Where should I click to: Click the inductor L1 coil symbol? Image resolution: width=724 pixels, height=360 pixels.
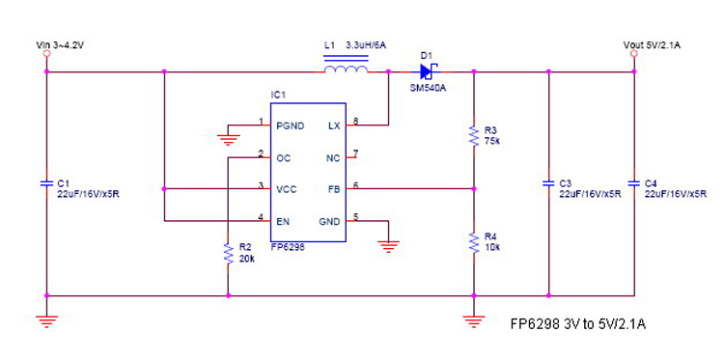point(345,69)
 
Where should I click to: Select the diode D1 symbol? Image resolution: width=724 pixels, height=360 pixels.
point(425,69)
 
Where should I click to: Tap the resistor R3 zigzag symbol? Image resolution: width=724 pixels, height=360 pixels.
point(473,136)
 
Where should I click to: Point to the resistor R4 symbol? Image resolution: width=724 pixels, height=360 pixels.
point(473,242)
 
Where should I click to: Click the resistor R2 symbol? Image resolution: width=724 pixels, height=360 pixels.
point(228,253)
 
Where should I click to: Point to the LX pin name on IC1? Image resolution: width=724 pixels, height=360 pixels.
point(334,125)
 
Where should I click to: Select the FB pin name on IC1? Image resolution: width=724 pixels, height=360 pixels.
point(334,188)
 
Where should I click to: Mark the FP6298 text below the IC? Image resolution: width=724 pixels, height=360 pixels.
point(289,246)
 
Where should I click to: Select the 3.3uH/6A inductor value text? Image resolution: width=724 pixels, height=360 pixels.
point(368,45)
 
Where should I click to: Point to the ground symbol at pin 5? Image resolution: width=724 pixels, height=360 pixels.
point(388,245)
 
